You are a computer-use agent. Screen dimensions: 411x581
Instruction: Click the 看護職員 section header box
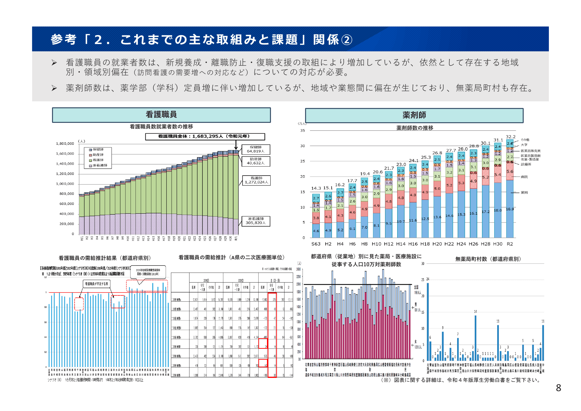pyautogui.click(x=161, y=115)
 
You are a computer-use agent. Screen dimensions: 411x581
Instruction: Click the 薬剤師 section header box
pyautogui.click(x=414, y=116)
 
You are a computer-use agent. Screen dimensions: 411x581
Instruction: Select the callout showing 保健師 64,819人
pyautogui.click(x=255, y=149)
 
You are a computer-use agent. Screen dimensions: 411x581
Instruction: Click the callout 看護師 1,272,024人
pyautogui.click(x=256, y=180)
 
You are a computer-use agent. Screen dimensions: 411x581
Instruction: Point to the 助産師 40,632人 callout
pyautogui.click(x=255, y=161)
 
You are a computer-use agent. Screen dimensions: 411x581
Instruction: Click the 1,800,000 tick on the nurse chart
pyautogui.click(x=65, y=144)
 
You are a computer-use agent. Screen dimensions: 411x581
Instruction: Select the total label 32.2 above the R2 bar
pyautogui.click(x=510, y=137)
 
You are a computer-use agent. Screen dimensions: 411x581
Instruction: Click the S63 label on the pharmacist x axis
pyautogui.click(x=316, y=244)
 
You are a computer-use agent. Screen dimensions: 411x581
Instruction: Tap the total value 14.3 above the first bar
pyautogui.click(x=316, y=188)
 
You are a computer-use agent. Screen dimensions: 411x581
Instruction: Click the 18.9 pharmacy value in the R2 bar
pyautogui.click(x=510, y=209)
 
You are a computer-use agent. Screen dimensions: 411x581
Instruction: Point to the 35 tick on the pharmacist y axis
pyautogui.click(x=302, y=130)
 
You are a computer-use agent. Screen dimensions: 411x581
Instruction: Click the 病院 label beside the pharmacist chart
pyautogui.click(x=524, y=177)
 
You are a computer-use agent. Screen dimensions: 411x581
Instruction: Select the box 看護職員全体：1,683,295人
pyautogui.click(x=205, y=136)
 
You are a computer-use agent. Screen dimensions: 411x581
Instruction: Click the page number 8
pyautogui.click(x=558, y=388)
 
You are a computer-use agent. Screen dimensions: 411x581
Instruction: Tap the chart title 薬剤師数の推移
pyautogui.click(x=414, y=128)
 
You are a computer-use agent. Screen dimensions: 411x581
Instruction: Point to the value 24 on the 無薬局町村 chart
pyautogui.click(x=428, y=279)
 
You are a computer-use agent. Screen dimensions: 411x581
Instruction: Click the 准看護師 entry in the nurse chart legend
pyautogui.click(x=100, y=165)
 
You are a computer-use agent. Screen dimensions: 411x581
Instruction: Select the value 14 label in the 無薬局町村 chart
pyautogui.click(x=475, y=312)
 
